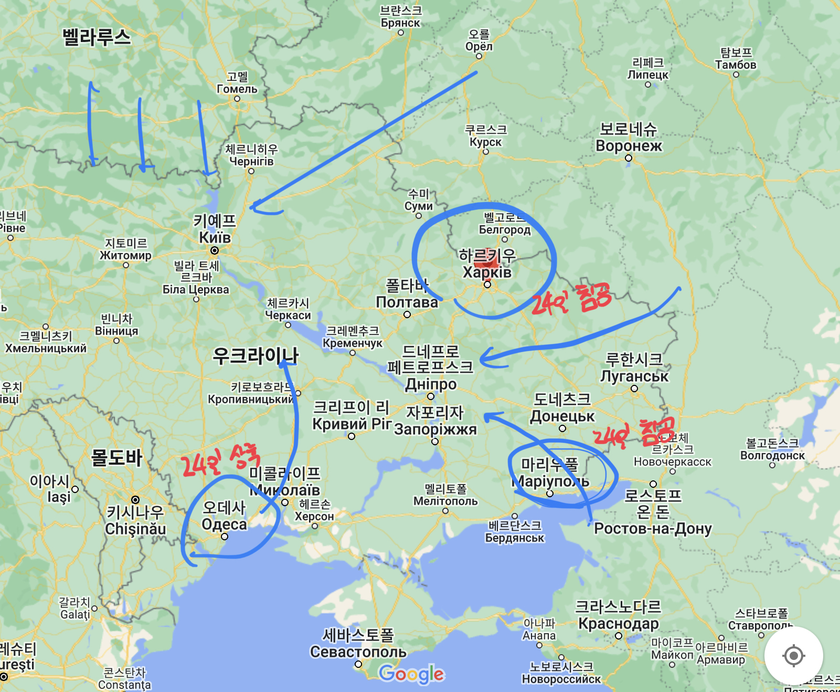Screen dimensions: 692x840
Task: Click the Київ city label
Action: [215, 237]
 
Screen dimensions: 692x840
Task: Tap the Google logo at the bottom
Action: [411, 674]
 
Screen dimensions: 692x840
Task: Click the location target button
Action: [793, 656]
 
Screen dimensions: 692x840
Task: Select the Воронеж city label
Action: [629, 145]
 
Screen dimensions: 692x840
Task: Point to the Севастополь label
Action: [358, 652]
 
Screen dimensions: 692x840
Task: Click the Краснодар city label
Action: [618, 623]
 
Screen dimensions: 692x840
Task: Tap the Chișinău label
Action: [135, 529]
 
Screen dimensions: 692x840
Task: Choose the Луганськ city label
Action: [634, 376]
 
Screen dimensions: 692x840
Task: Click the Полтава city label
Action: [407, 302]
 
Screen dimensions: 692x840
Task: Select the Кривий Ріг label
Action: [352, 424]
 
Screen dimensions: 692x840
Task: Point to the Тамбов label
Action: [736, 65]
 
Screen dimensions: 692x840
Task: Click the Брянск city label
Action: [400, 23]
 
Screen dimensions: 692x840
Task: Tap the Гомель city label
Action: [237, 89]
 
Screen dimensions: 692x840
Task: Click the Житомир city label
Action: [125, 255]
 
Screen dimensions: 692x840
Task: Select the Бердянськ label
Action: [515, 538]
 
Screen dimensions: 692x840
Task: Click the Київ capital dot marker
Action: [215, 250]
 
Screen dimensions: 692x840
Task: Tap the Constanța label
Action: [124, 685]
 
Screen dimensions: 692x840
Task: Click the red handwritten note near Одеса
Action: [220, 460]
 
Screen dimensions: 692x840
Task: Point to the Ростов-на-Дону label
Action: [653, 528]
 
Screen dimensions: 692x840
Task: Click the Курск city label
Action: [485, 142]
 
